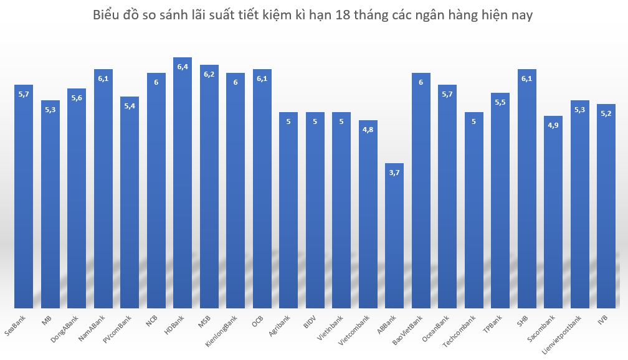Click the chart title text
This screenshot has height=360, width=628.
[x=313, y=16]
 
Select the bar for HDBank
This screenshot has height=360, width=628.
[x=183, y=187]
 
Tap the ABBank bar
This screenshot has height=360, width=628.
[x=394, y=237]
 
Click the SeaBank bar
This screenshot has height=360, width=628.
[x=24, y=199]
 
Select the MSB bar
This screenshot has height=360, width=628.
[x=209, y=187]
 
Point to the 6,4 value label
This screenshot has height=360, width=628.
[x=183, y=67]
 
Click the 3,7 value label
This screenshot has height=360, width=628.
[x=394, y=173]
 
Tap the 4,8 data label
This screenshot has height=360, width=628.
[x=368, y=130]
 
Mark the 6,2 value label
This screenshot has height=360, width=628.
[x=209, y=74]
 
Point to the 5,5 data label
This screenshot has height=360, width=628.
[x=500, y=102]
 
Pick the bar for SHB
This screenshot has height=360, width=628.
[x=527, y=187]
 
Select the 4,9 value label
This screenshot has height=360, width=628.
[x=553, y=125]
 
